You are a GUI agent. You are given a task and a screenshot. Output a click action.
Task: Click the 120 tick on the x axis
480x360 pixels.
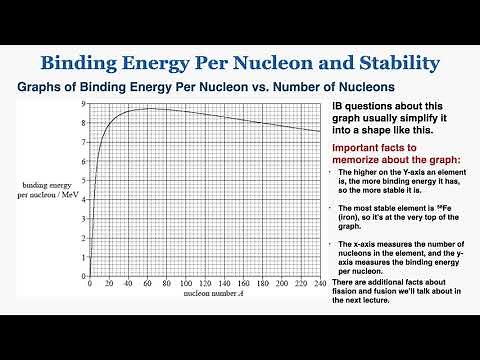(206, 286)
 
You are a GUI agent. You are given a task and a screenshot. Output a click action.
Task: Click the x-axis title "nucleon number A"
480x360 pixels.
(206, 297)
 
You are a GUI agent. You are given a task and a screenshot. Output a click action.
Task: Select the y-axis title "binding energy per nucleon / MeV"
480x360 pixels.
(49, 190)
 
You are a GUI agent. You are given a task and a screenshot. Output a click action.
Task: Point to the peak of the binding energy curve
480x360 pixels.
(148, 108)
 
